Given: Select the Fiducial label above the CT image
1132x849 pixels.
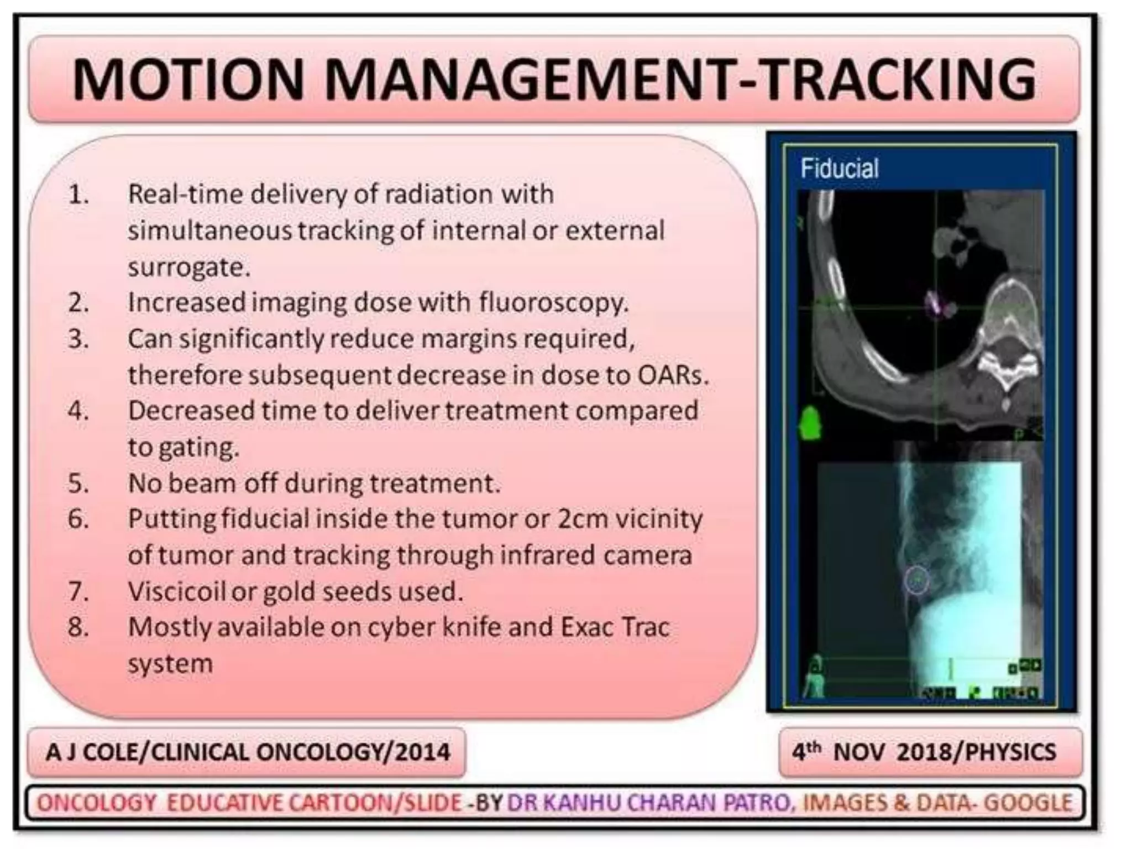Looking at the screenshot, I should pyautogui.click(x=839, y=168).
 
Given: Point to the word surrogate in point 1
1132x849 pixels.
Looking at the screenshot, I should pyautogui.click(x=189, y=268).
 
